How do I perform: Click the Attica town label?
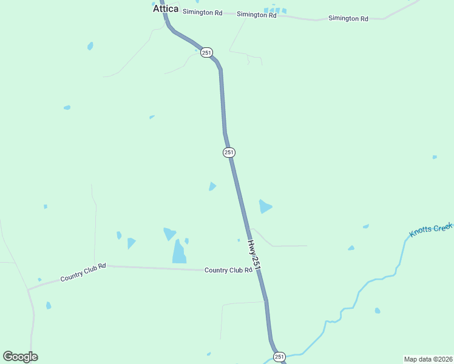[x=165, y=9]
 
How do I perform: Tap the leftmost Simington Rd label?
[x=202, y=12]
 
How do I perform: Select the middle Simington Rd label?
[x=256, y=15]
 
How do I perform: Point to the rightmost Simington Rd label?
[x=348, y=19]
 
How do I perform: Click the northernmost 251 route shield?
[x=207, y=53]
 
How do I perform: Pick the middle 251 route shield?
[x=229, y=152]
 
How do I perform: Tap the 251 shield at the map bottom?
[x=279, y=357]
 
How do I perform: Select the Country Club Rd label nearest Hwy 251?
[x=228, y=270]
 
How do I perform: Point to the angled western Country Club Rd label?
[x=83, y=272]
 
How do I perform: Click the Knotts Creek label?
[x=430, y=230]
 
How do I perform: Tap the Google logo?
[x=20, y=357]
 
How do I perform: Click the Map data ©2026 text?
[x=428, y=359]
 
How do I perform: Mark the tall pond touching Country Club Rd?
[x=179, y=252]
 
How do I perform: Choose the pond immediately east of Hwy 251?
[x=265, y=206]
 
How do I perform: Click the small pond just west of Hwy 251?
[x=212, y=186]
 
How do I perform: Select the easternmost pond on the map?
[x=435, y=157]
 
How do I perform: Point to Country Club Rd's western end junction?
[x=28, y=289]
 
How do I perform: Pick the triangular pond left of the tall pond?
[x=169, y=233]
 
